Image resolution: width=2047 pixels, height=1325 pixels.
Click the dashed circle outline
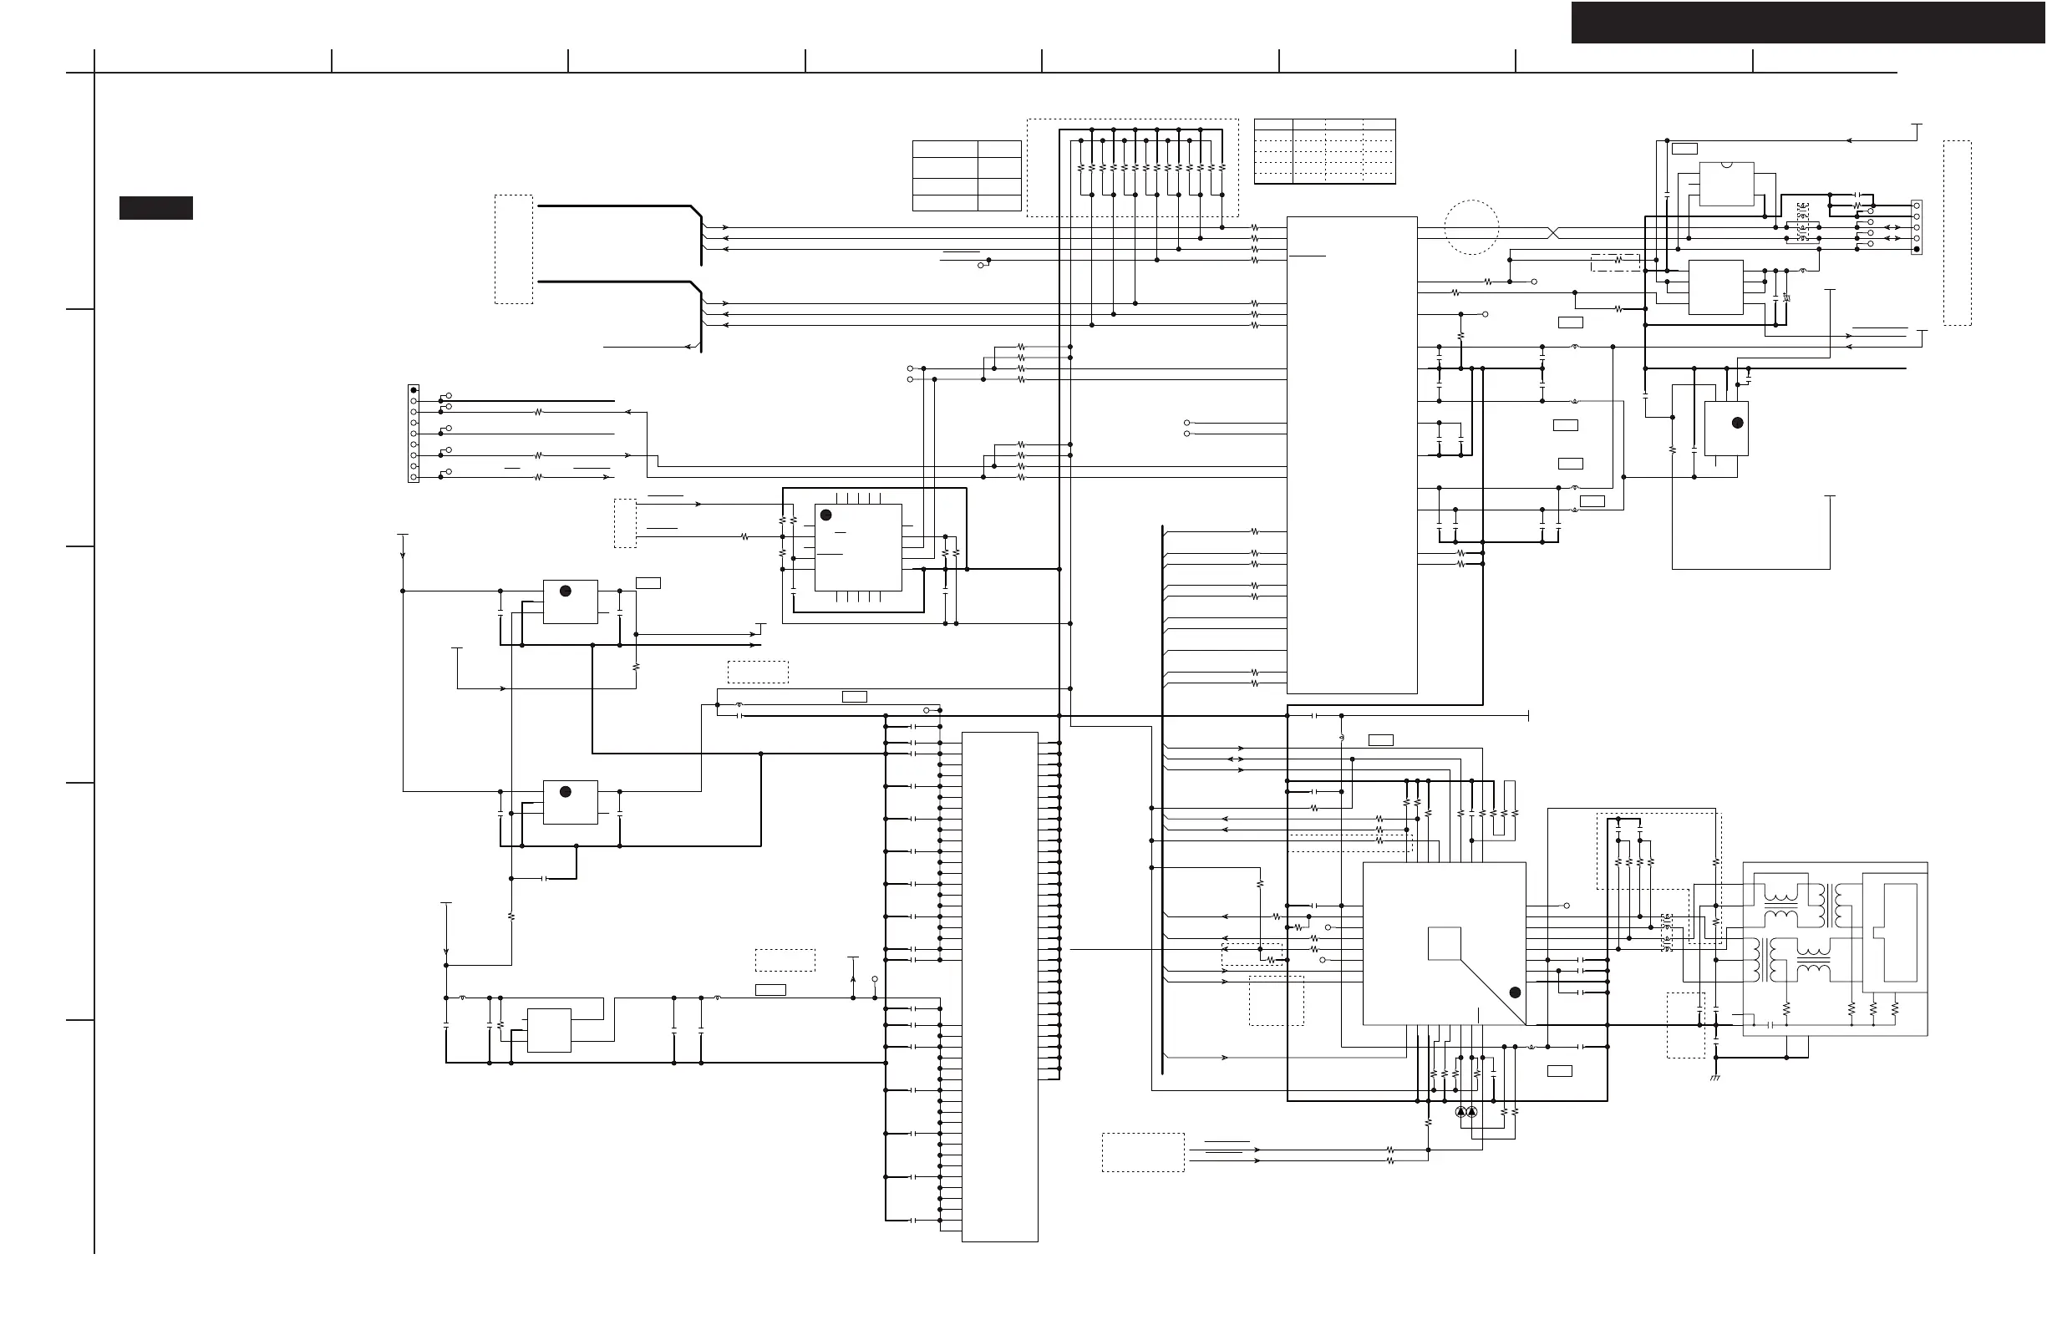[1471, 227]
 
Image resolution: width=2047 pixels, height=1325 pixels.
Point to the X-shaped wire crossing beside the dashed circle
[1553, 233]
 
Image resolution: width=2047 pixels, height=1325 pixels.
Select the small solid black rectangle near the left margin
[155, 208]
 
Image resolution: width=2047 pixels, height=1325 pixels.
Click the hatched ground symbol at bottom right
[1715, 1079]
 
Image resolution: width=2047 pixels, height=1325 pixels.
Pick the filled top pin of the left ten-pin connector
[414, 390]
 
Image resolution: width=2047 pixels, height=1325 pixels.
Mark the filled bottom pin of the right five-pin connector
[1917, 249]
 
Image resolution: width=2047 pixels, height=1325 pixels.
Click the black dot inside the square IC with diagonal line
[1515, 992]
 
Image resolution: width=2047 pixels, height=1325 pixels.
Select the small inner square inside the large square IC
[1444, 943]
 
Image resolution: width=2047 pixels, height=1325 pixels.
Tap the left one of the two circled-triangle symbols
[1460, 1112]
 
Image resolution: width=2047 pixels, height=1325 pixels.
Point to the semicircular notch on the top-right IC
[1727, 163]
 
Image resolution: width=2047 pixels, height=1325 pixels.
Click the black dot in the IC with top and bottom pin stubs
[826, 515]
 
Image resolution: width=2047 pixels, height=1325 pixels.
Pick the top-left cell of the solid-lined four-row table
[945, 149]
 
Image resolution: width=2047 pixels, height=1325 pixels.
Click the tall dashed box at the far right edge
[1957, 232]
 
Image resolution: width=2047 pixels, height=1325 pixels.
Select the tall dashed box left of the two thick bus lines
[514, 249]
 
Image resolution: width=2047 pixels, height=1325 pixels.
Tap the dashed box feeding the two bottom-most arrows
[1143, 1152]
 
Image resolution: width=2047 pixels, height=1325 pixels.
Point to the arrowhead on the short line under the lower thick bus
[688, 347]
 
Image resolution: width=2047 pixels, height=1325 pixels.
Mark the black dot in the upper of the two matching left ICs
[565, 591]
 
